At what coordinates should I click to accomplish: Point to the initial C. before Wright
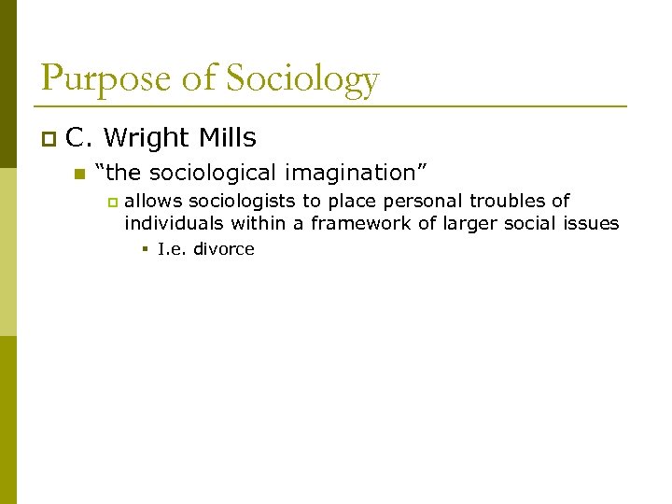point(78,138)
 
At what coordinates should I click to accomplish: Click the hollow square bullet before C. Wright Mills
point(49,139)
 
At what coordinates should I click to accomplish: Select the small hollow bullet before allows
point(112,202)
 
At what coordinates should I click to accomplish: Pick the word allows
point(152,201)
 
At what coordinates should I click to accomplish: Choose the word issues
point(594,223)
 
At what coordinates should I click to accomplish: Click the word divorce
point(224,249)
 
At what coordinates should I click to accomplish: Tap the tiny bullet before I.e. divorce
point(147,249)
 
